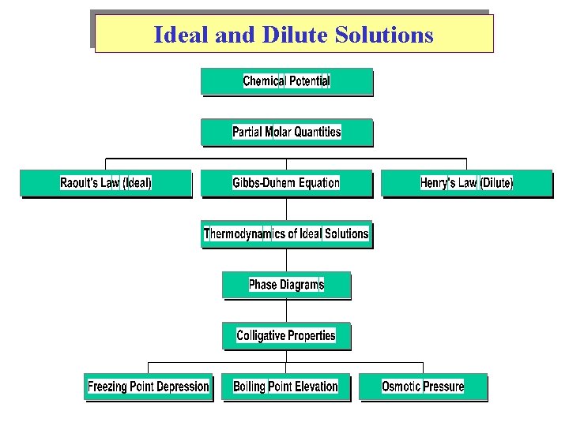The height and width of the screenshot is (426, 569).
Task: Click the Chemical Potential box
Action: point(286,81)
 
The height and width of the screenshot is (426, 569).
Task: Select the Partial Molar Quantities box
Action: point(286,132)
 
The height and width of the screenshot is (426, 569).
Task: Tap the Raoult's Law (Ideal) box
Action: point(105,183)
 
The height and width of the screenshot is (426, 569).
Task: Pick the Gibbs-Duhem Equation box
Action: point(286,183)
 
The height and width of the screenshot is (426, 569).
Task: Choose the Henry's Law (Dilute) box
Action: point(466,183)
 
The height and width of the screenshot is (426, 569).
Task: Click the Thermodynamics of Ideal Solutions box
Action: point(286,234)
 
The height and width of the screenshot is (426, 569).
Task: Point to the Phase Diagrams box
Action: point(286,285)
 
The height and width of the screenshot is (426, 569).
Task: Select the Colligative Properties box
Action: point(286,335)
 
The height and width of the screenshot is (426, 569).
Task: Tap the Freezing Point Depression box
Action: point(149,387)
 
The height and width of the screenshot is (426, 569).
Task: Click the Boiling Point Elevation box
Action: point(286,387)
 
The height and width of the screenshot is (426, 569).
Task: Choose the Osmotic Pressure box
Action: point(423,387)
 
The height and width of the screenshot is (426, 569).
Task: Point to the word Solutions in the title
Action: point(384,35)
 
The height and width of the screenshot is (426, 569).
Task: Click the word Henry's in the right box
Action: point(438,183)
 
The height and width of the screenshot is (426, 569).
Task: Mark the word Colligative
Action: point(261,335)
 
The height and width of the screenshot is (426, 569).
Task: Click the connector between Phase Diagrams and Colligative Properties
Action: point(286,311)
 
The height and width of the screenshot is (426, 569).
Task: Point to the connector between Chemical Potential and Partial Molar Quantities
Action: point(286,107)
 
